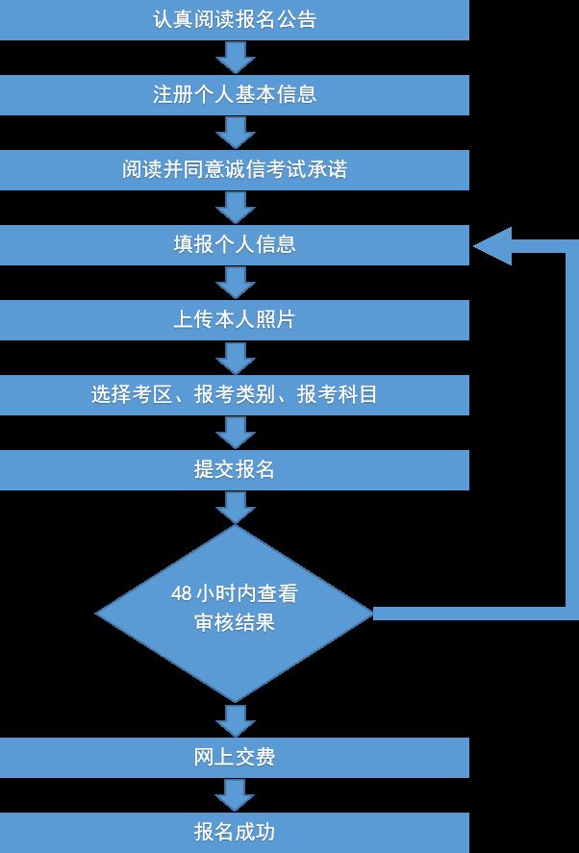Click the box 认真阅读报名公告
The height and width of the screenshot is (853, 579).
pos(235,20)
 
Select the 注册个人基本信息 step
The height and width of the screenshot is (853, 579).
pos(235,95)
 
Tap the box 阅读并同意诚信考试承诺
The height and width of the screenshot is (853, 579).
pos(235,170)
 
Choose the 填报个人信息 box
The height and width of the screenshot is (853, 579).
pos(235,245)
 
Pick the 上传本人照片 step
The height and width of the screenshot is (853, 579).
pos(235,320)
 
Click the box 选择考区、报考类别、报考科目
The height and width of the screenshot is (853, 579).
pos(235,395)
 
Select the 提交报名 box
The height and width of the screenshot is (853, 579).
pos(235,470)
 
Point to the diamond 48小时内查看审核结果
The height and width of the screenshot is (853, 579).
pos(235,614)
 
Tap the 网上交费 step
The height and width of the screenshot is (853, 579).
pos(235,758)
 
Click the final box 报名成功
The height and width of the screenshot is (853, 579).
pos(235,833)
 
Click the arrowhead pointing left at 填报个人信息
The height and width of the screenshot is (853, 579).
pos(493,246)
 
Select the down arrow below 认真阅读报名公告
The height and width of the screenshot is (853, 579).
pos(236,58)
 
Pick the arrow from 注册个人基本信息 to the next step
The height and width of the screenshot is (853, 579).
pos(236,133)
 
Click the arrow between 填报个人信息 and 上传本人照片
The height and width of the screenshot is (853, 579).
pos(236,283)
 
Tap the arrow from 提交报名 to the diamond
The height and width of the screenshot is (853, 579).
pos(236,508)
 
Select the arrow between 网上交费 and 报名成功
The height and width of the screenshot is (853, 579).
pos(236,795)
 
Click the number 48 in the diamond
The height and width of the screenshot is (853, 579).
pos(181,593)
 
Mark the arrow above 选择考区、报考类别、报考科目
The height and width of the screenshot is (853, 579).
pos(236,358)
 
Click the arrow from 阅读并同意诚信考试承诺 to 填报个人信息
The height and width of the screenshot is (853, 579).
pos(236,208)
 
